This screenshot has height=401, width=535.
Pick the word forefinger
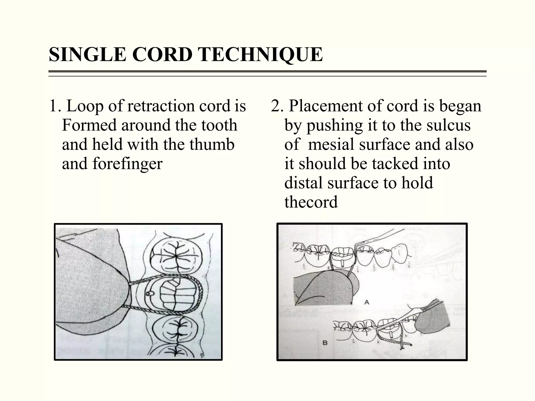[x=127, y=164]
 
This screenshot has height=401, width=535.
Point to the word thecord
[x=311, y=202]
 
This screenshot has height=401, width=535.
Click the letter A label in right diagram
[x=367, y=302]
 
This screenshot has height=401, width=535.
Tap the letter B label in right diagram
[x=325, y=342]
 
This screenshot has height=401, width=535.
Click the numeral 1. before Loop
[x=54, y=106]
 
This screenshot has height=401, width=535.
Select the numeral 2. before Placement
[x=277, y=106]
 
